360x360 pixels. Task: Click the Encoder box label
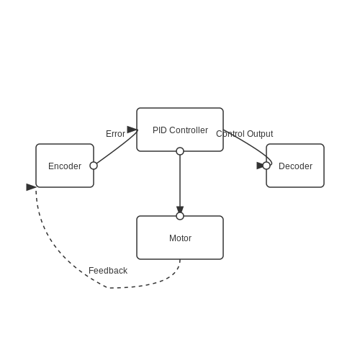click(x=65, y=166)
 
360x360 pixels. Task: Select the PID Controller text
click(x=180, y=130)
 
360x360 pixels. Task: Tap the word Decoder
click(x=295, y=166)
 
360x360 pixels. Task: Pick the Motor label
click(x=180, y=238)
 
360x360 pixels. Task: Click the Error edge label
click(x=115, y=134)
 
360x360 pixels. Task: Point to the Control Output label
click(x=245, y=134)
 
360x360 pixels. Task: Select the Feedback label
click(x=108, y=271)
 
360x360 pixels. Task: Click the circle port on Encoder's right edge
click(x=94, y=166)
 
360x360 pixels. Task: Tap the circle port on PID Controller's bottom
click(x=180, y=151)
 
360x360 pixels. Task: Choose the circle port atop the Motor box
click(x=180, y=216)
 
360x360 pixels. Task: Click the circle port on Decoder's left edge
click(x=266, y=166)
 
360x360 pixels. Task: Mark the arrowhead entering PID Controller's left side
click(x=132, y=130)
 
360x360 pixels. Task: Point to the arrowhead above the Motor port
click(x=180, y=210)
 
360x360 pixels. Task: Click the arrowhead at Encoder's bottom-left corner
click(x=31, y=187)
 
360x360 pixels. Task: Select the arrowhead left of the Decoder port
click(x=260, y=166)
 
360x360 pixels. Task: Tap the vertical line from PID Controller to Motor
click(x=180, y=181)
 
